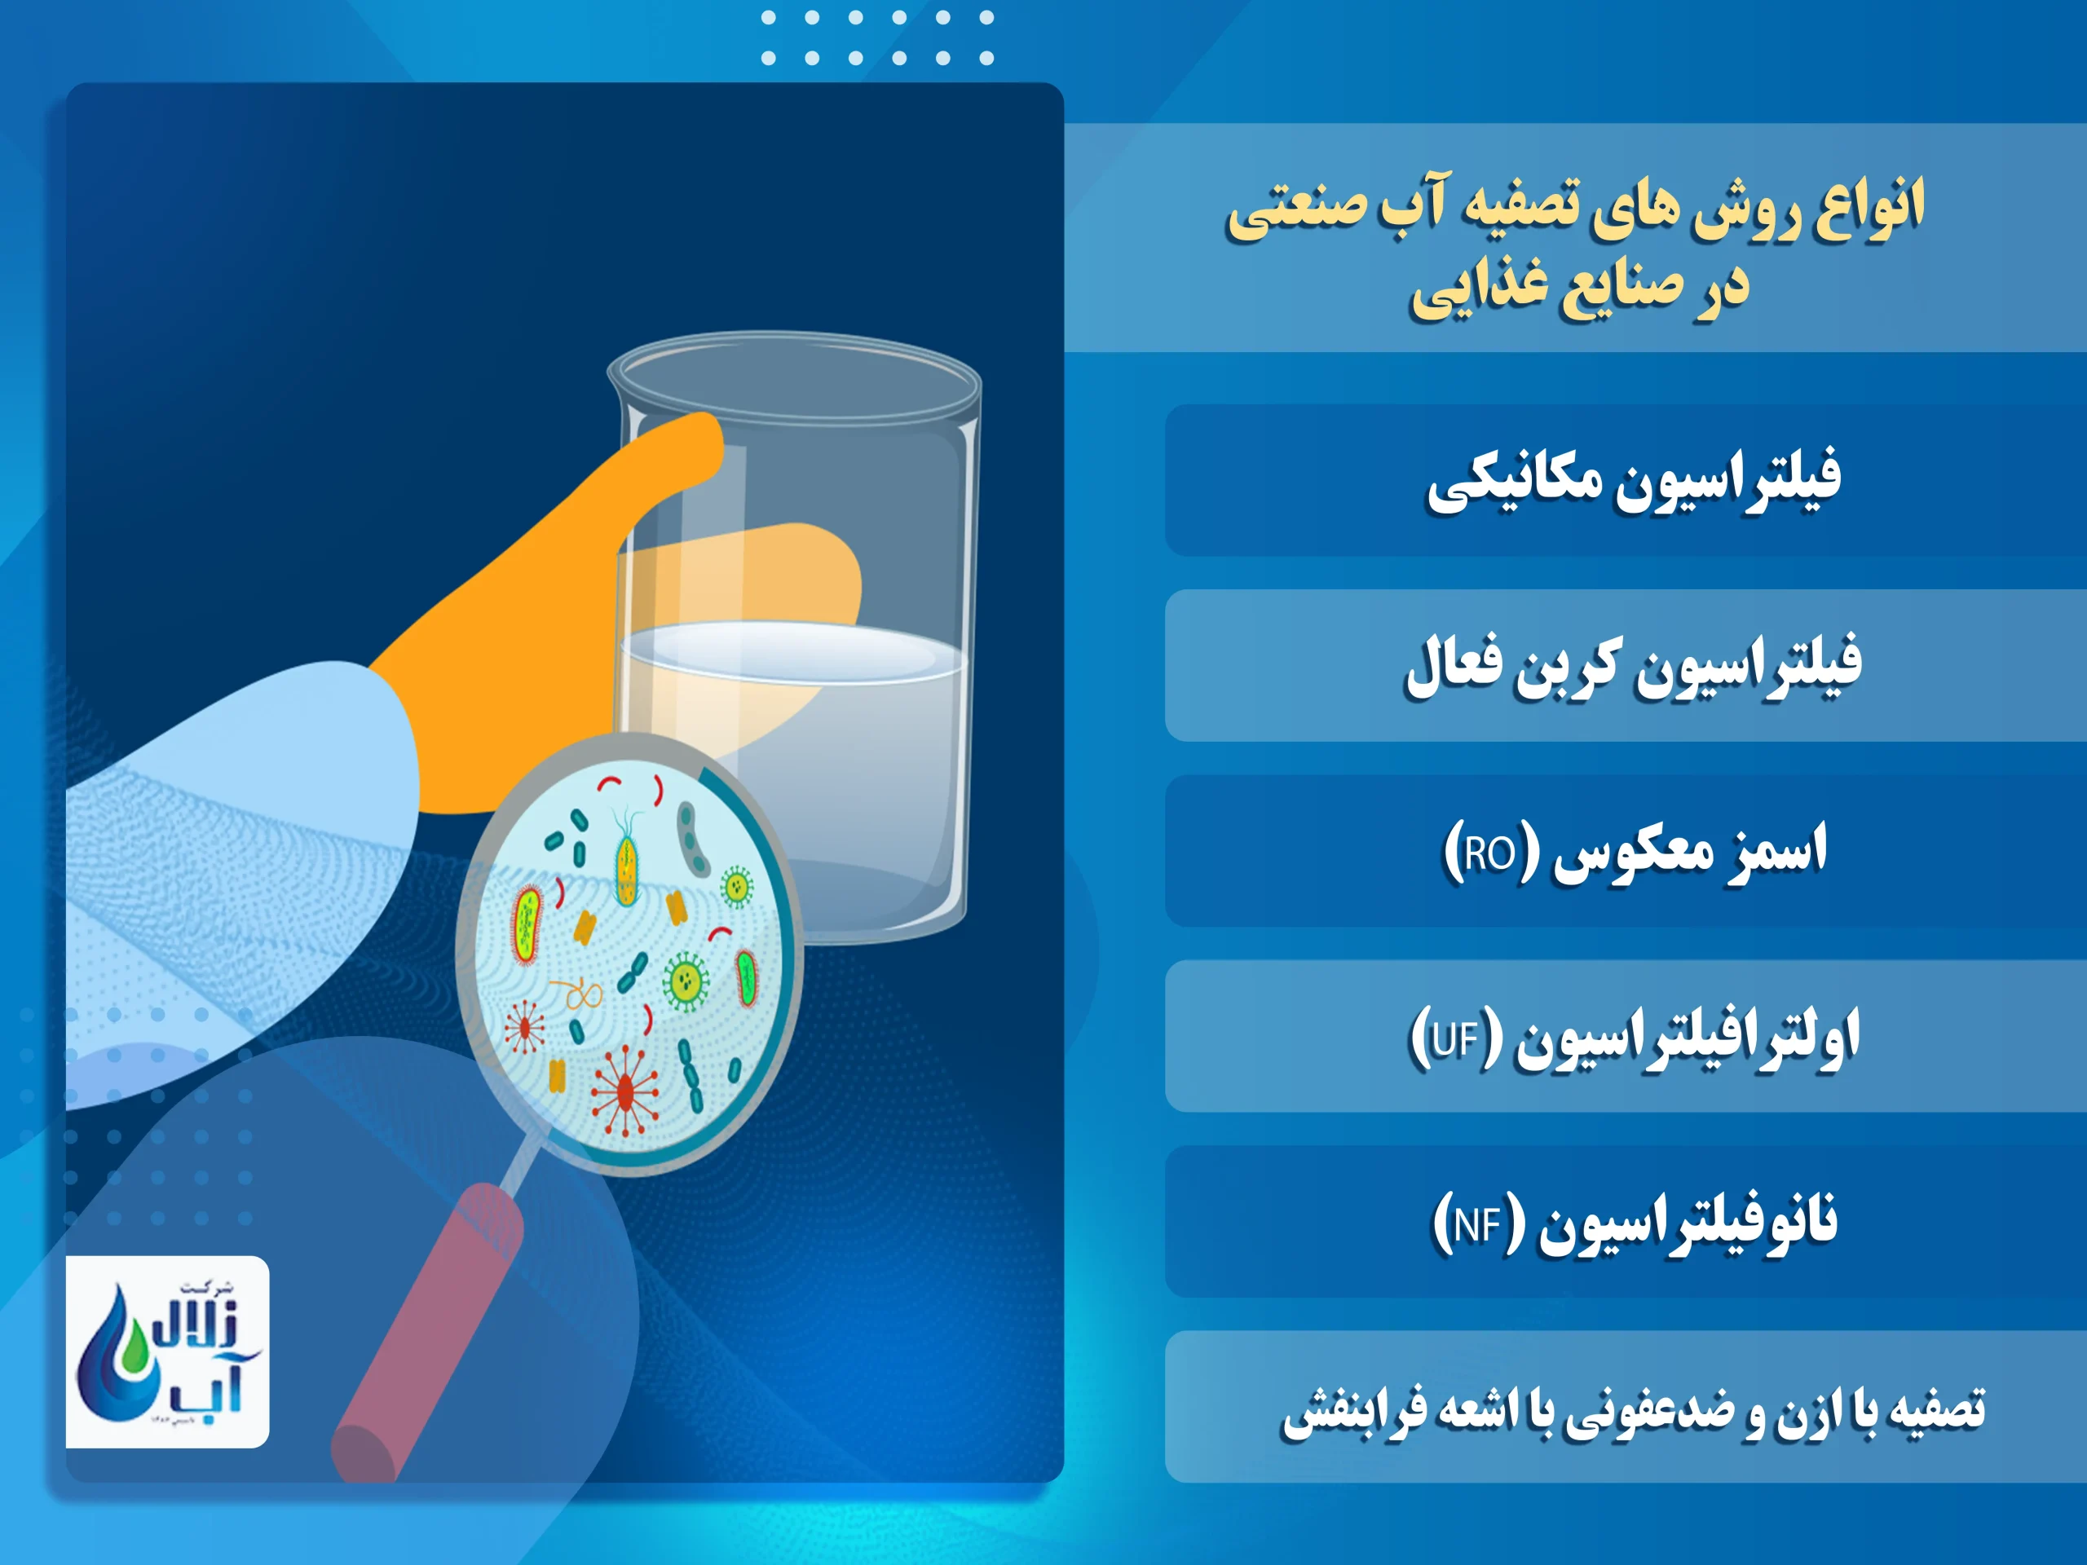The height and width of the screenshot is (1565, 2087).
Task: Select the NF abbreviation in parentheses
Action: (1477, 1224)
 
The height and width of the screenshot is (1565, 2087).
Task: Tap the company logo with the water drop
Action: (167, 1351)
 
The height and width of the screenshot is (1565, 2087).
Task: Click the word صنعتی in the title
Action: (1297, 208)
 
